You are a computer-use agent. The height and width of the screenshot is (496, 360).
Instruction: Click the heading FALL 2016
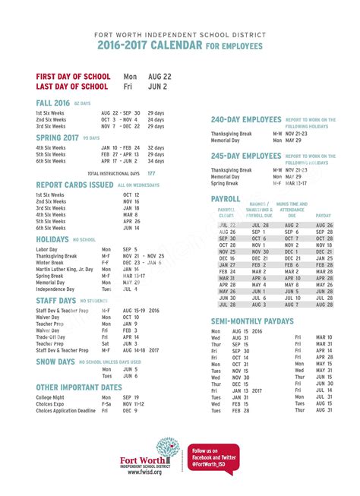[x=52, y=102]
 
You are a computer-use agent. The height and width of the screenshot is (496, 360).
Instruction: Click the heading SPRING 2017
[x=58, y=137]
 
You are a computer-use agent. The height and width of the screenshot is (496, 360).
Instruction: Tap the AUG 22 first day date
[x=160, y=77]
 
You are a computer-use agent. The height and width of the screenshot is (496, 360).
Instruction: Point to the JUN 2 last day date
[x=157, y=87]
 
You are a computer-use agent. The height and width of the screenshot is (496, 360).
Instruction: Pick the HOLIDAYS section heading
[x=52, y=239]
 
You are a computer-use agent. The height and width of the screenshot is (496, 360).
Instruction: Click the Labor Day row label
[x=47, y=249]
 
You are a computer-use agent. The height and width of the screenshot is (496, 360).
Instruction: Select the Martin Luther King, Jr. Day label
[x=66, y=268]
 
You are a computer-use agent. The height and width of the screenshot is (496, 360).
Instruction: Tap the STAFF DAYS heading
[x=55, y=301]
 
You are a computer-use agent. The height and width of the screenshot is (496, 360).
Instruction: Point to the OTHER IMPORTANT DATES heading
[x=78, y=387]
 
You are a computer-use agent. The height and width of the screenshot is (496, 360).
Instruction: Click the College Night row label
[x=50, y=397]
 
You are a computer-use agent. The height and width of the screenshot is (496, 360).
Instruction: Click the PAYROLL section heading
[x=225, y=198]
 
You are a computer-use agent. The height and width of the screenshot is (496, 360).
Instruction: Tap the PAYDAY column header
[x=324, y=215]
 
